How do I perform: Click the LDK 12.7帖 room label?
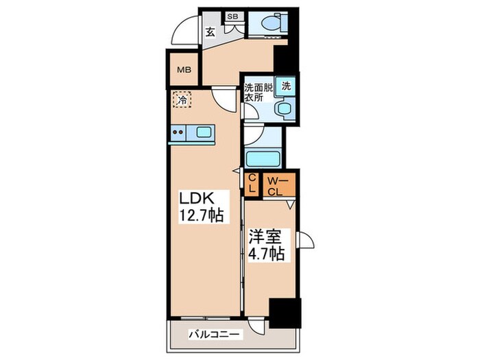coord(201,207)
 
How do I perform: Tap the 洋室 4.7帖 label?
coord(266,245)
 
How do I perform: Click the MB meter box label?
coord(184,70)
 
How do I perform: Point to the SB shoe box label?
coord(232,16)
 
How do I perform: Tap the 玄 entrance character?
coord(210,32)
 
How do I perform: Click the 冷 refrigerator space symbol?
coord(182,99)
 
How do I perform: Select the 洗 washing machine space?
coord(286,86)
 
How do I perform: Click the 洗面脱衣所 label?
coord(258,93)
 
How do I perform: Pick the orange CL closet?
coord(252,184)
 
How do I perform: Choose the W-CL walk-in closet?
coord(278,185)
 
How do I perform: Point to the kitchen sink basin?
coord(203,132)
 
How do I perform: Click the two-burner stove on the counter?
coord(178,132)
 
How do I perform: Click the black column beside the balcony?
coord(285,313)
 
